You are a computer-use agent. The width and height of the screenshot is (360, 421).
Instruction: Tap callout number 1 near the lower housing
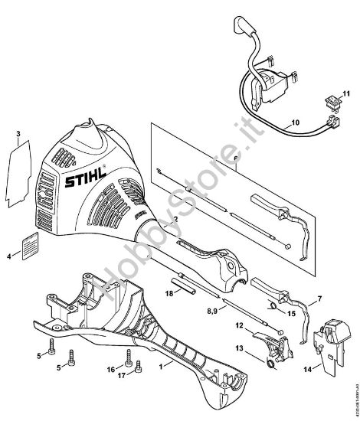click(160, 367)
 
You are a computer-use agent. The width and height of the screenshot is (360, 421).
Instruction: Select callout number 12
click(238, 325)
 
